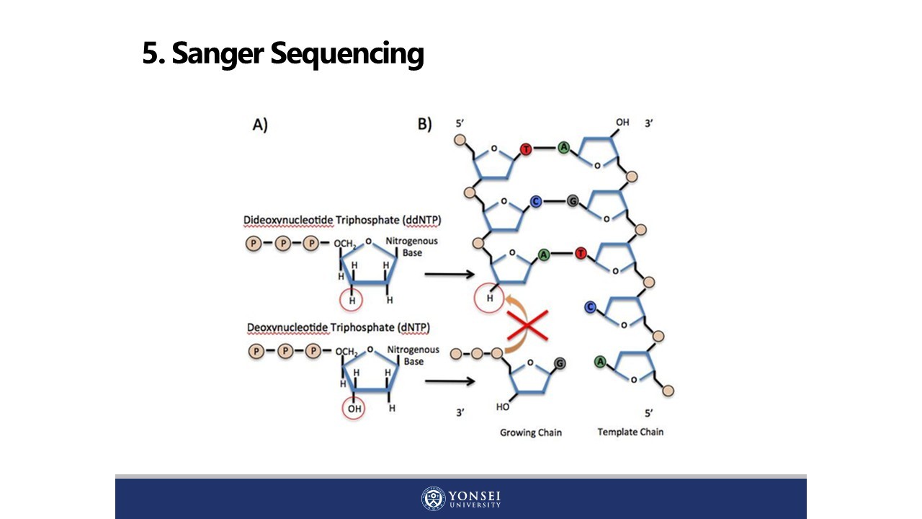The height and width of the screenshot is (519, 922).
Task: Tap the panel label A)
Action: (260, 125)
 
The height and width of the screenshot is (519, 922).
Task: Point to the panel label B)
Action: (425, 124)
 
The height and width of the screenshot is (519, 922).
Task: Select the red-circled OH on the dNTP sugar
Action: (353, 408)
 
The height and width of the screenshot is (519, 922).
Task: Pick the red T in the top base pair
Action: (526, 149)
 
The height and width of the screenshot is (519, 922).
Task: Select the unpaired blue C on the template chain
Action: (590, 308)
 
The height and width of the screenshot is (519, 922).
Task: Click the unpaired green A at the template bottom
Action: (600, 361)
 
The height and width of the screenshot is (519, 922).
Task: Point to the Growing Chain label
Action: (531, 432)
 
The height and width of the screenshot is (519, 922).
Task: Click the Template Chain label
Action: (630, 432)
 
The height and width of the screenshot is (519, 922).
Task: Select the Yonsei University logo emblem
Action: (434, 499)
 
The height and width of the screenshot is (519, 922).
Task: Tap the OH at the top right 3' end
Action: (622, 123)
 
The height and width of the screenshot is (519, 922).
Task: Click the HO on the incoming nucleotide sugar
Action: (503, 407)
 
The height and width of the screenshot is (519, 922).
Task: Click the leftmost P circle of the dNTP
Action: (256, 352)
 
